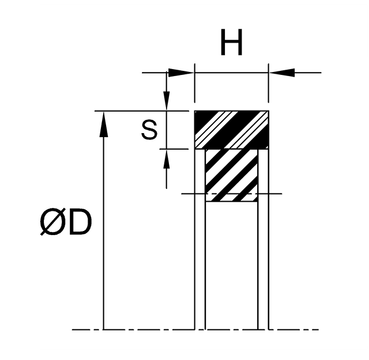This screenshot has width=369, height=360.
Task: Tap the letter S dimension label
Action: [x=149, y=131]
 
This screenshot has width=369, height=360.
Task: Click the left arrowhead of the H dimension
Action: [x=181, y=72]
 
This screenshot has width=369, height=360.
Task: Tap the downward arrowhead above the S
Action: [x=167, y=101]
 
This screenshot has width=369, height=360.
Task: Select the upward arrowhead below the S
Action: [x=167, y=157]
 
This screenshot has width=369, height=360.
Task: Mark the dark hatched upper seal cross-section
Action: [x=232, y=129]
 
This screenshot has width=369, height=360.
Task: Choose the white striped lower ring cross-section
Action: [x=232, y=175]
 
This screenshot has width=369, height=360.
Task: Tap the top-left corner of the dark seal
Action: [x=195, y=111]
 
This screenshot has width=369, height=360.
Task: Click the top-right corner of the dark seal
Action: [x=268, y=111]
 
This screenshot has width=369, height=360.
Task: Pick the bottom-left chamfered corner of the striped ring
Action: [x=208, y=200]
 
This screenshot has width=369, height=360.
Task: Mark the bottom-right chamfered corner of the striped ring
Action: [x=256, y=200]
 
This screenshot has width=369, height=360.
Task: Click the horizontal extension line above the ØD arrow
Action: [x=144, y=110]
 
